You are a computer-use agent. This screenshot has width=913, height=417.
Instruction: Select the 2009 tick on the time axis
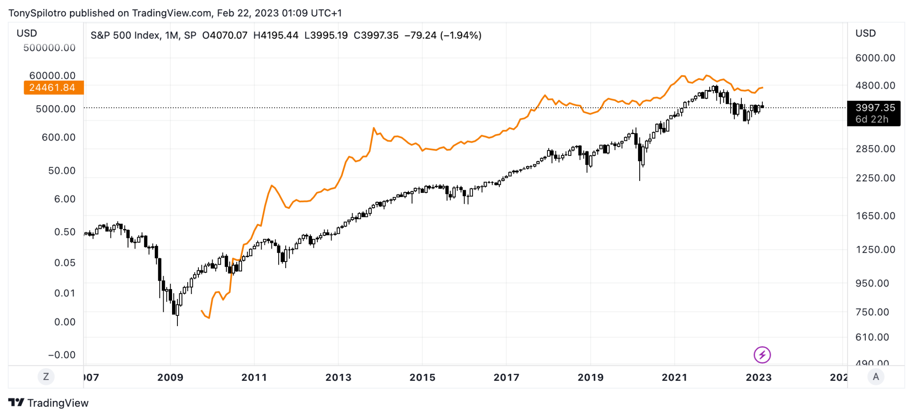170,377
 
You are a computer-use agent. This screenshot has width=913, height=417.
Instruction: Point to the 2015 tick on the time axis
422,377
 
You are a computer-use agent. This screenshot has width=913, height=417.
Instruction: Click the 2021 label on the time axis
674,377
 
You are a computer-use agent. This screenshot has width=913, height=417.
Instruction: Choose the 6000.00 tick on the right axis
875,58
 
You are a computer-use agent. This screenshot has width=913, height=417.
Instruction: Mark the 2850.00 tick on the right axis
875,149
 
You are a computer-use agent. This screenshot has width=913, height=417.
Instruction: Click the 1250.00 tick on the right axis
875,249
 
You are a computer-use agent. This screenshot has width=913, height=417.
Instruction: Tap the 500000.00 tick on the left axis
49,48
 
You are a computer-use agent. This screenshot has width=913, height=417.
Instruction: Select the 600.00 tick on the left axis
58,137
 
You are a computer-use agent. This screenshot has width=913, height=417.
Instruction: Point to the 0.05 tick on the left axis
65,263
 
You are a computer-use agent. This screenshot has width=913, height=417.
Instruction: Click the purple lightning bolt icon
762,355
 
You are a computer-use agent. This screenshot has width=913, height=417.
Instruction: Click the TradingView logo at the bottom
49,403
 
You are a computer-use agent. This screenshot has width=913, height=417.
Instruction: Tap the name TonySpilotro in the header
37,13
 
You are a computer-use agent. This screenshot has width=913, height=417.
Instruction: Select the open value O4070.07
225,35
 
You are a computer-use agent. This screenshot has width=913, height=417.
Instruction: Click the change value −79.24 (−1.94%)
443,35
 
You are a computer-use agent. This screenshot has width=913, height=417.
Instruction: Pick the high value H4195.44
276,35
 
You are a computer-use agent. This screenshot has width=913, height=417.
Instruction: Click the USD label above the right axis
865,33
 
